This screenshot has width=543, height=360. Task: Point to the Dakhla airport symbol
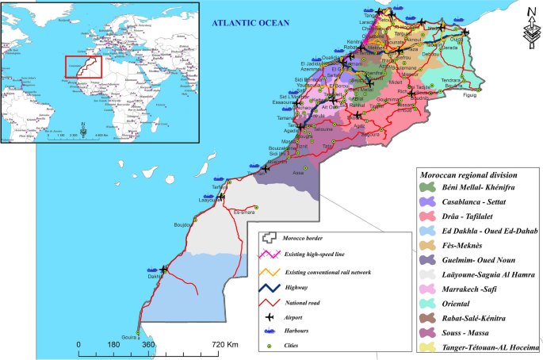click(164, 270)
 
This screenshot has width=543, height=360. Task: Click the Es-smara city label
click(247, 212)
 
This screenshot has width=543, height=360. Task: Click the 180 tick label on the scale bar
click(113, 346)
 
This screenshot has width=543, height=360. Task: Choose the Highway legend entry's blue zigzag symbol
click(273, 289)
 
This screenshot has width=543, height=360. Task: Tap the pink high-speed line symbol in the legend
click(273, 255)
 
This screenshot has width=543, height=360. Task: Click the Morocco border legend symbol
click(272, 238)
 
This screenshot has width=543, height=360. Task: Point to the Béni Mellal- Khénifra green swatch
click(428, 186)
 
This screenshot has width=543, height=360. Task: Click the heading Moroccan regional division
click(469, 174)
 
